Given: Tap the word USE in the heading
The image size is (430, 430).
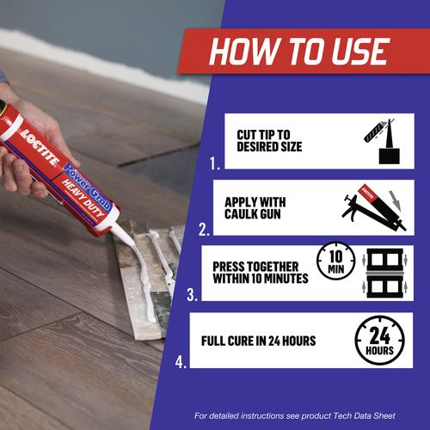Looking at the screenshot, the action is point(360,52).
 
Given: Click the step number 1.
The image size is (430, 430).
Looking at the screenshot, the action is point(215,164).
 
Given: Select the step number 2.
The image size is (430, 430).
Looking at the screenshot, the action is point(204,230).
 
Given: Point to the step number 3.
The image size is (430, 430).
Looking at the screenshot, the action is point(192,295).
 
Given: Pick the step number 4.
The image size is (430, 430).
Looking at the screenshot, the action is point(181,362).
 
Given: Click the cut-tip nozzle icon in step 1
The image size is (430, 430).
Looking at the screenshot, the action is point(382,141).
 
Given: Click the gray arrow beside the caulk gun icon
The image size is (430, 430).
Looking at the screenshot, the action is point(396,200).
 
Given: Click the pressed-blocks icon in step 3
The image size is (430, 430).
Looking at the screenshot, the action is point(384,273).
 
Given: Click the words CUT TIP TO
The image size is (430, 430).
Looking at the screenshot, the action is point(263,134).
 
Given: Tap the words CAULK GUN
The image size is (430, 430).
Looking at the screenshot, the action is point(253,214).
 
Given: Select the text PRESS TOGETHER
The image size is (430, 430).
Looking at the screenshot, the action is point(255,267).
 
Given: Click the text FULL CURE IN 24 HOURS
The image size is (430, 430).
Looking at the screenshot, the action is point(258,341).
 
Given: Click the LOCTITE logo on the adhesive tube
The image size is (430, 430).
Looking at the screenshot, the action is point(40,148).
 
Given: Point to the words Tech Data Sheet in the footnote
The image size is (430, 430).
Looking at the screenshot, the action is point(364,415).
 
